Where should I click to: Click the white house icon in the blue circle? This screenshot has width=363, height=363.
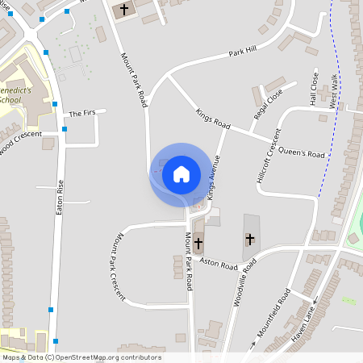[x=181, y=173]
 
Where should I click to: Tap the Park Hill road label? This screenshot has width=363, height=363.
[x=242, y=51]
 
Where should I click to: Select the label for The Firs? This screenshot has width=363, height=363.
[x=81, y=114]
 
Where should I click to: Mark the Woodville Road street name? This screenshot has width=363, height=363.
[x=245, y=282]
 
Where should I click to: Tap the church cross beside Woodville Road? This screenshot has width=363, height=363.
[x=250, y=239]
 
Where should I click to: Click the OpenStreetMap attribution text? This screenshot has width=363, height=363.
[x=81, y=357]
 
